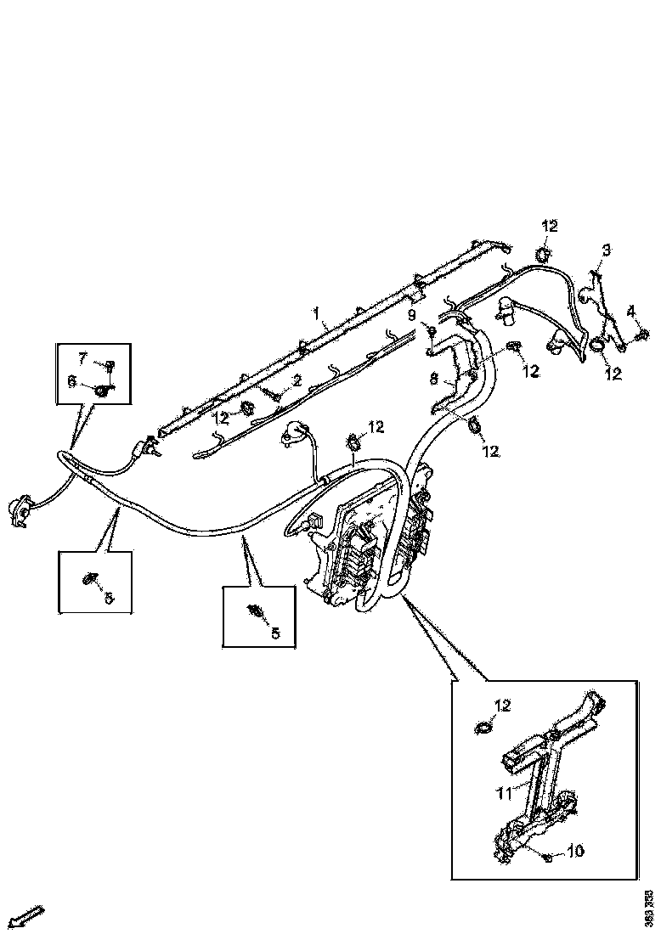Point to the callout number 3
[x=606, y=250]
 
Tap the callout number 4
[x=630, y=311]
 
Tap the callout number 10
[x=576, y=850]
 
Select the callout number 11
[x=504, y=792]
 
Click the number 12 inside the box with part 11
[x=503, y=706]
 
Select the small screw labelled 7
[x=110, y=366]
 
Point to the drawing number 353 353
[x=649, y=904]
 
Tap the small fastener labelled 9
[x=432, y=330]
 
